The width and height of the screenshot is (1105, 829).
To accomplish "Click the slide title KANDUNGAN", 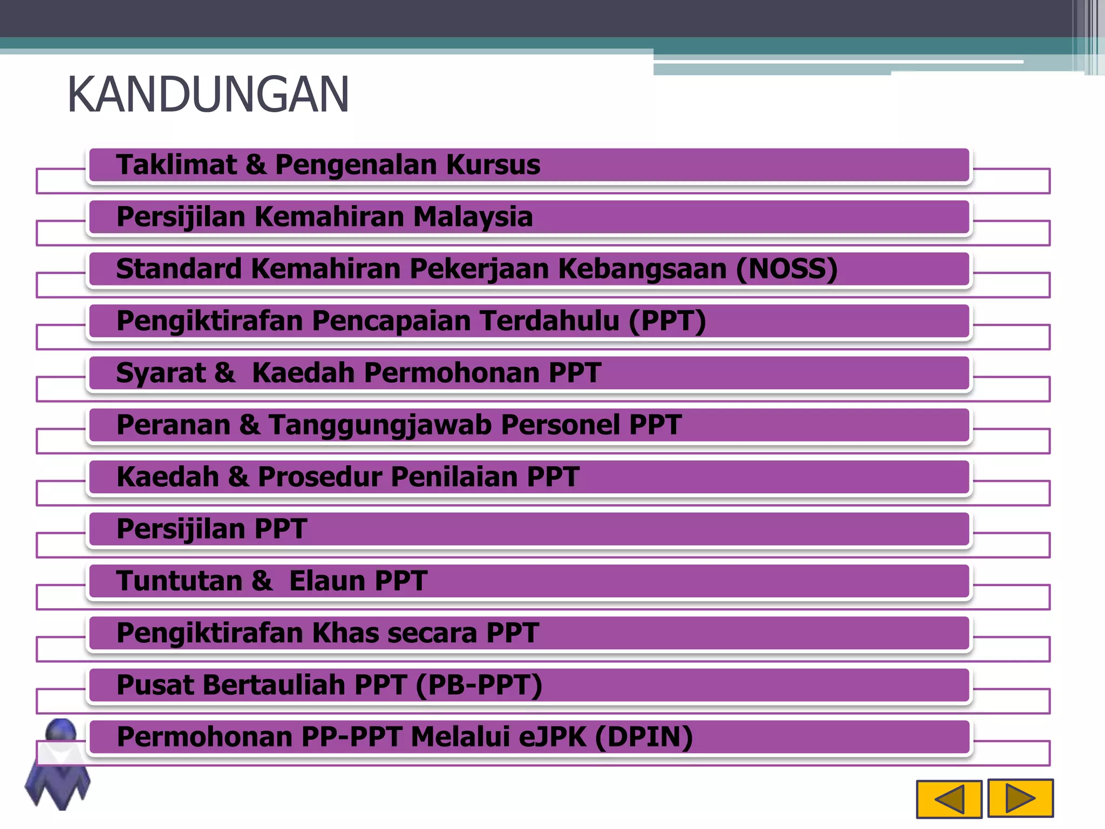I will click(208, 95).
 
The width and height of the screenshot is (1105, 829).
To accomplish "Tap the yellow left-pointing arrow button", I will click(949, 799).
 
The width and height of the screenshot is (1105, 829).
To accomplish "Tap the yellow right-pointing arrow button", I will click(1020, 798).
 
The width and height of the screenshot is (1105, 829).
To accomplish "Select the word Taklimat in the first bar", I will click(176, 165).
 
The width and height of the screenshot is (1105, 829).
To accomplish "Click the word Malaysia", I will click(473, 217).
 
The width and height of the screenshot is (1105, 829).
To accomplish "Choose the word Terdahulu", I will click(549, 321).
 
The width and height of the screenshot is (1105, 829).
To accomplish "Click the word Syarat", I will click(161, 373).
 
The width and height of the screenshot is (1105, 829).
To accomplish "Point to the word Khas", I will click(345, 633).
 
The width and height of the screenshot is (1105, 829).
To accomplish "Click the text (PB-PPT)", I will click(479, 685).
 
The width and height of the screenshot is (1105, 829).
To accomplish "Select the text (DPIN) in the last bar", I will click(644, 737).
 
